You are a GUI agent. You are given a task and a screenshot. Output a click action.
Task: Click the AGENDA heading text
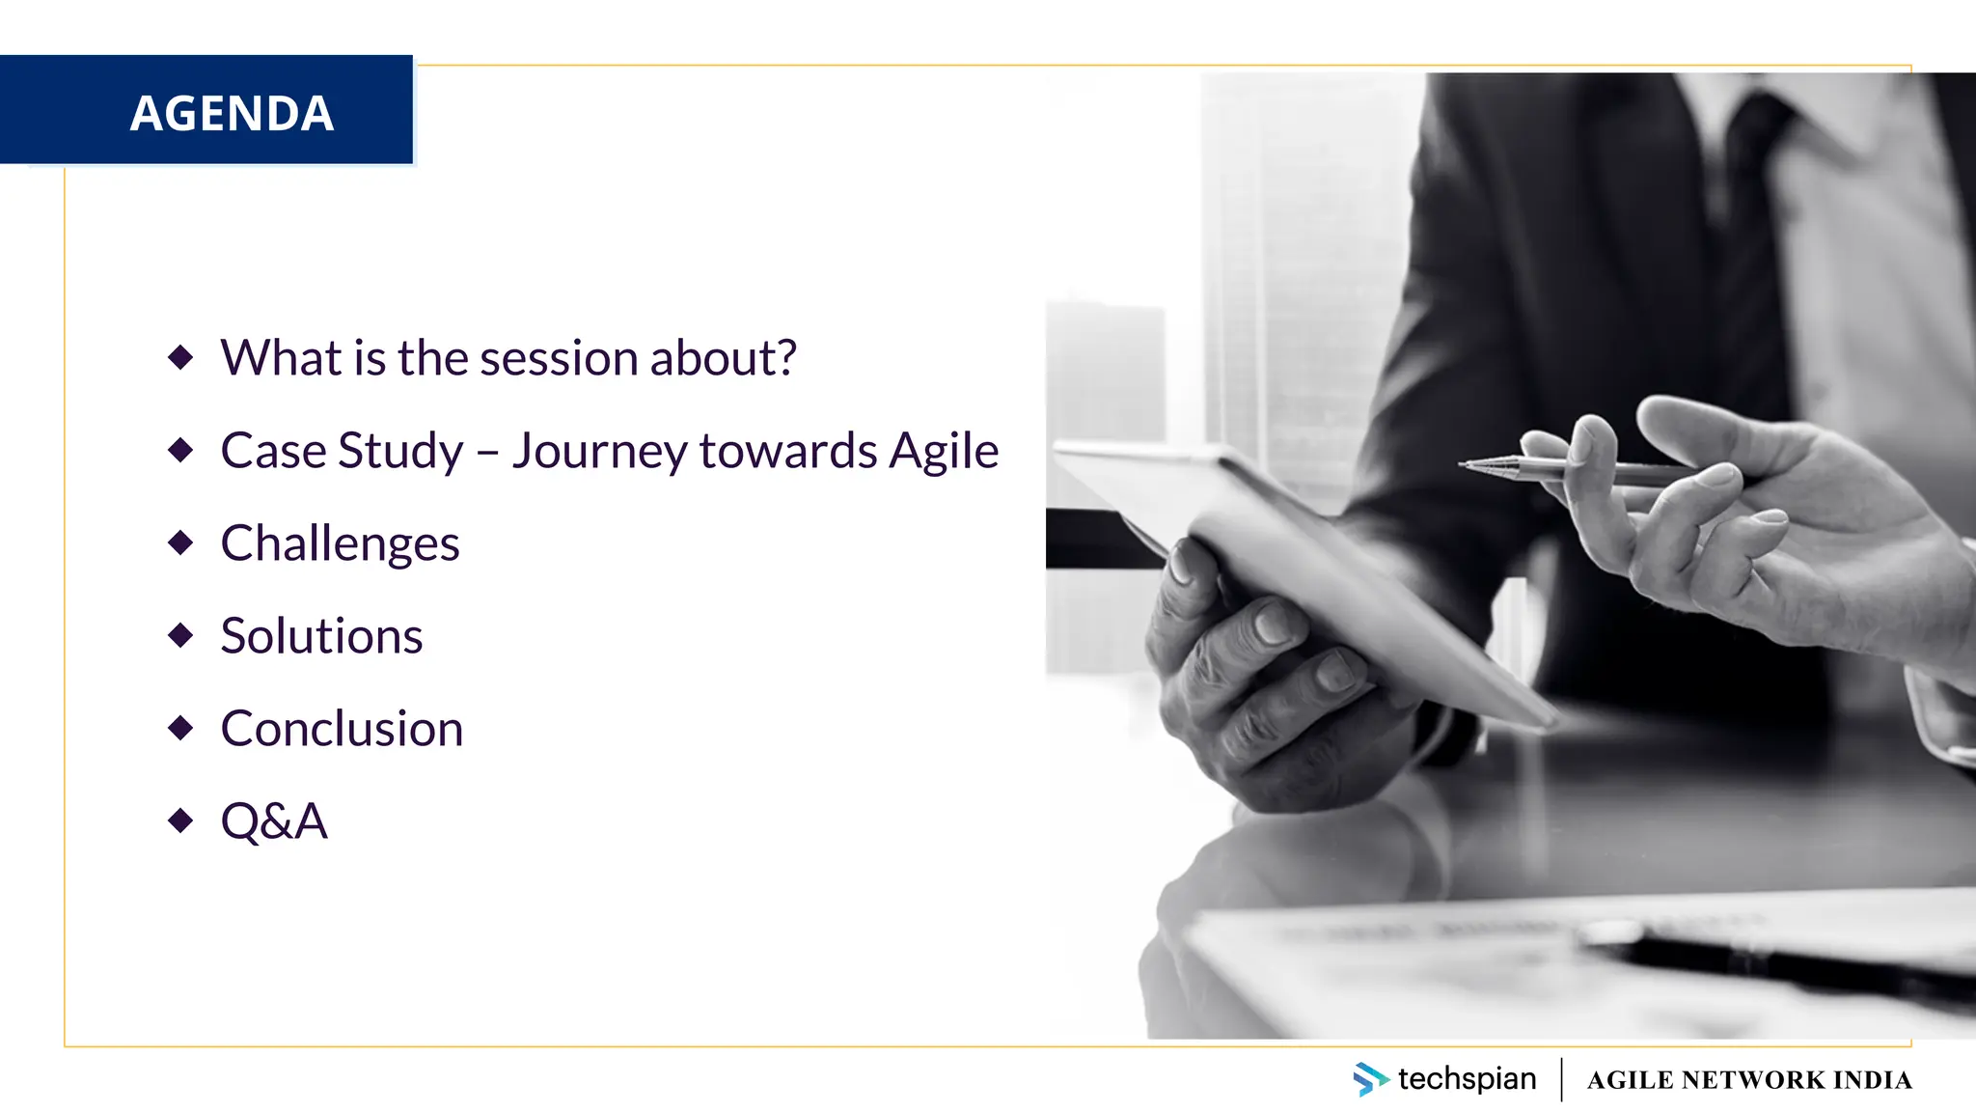pos(232,113)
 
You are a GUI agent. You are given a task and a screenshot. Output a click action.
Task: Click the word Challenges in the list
pos(340,543)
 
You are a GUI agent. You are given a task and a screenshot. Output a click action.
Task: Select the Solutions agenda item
pos(321,636)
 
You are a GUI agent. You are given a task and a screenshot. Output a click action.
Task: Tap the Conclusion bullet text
pos(342,729)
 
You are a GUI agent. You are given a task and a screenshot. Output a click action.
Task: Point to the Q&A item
pos(274,821)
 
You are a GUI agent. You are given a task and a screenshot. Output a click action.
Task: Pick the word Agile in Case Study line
pos(943,451)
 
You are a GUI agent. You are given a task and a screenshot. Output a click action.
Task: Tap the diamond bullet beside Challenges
pos(180,542)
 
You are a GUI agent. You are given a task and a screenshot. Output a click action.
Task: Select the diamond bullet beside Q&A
pos(180,820)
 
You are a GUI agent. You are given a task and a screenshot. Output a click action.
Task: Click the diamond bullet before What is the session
pos(180,357)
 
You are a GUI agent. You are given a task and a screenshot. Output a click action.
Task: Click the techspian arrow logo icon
pos(1369,1079)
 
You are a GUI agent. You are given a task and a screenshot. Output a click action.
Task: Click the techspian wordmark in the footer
pos(1467,1079)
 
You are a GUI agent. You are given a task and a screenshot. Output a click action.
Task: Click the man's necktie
pos(1746,241)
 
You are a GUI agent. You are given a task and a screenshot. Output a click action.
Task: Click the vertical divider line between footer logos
pos(1561,1079)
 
